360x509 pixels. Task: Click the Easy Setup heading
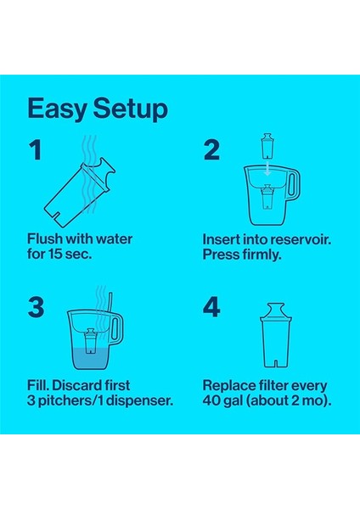(x=97, y=109)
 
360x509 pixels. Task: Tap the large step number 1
(x=35, y=151)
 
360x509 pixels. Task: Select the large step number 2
(x=211, y=151)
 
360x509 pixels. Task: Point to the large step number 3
(x=36, y=306)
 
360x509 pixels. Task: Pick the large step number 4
(x=211, y=306)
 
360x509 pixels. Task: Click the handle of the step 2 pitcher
(x=295, y=181)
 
